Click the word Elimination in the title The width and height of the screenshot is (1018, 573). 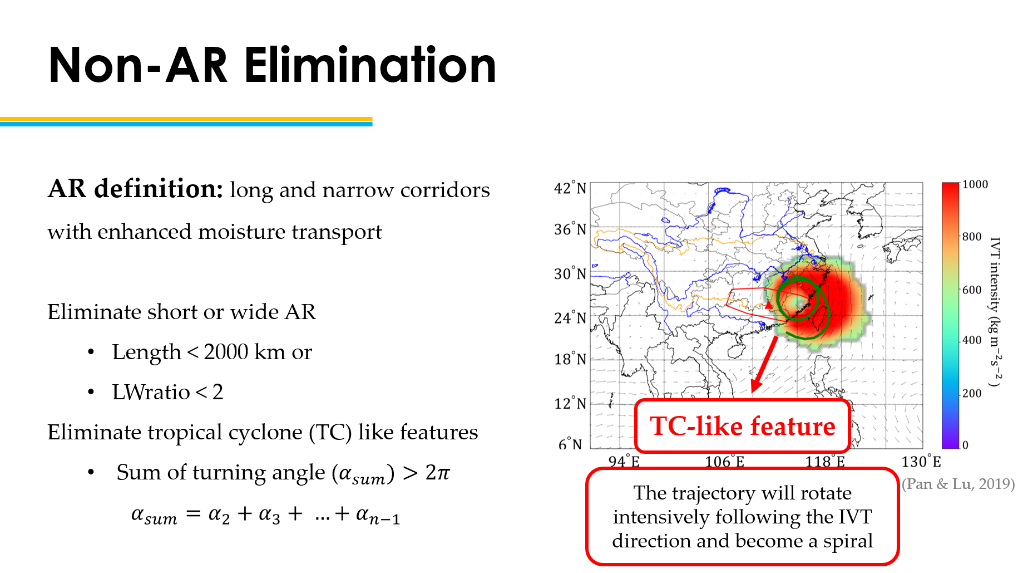tap(370, 65)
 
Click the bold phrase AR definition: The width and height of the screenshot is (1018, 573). tap(136, 189)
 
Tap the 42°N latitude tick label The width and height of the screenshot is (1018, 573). tap(570, 188)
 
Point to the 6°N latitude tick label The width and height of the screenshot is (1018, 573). tap(570, 444)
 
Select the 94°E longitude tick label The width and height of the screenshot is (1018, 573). tap(624, 461)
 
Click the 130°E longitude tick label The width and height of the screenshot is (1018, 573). tap(922, 461)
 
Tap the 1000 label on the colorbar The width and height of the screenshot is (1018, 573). tap(975, 184)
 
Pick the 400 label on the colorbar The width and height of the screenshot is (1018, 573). tap(972, 340)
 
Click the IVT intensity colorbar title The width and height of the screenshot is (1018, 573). tap(996, 312)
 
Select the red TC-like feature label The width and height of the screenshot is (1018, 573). tap(743, 426)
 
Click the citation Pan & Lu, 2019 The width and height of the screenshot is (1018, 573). tap(958, 483)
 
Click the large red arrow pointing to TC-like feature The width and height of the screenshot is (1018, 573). tap(764, 364)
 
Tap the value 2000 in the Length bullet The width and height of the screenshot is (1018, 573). tap(226, 352)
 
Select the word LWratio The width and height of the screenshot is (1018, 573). tap(151, 392)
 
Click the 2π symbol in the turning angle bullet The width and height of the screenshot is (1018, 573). tap(437, 473)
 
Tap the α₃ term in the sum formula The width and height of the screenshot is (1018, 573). tap(270, 514)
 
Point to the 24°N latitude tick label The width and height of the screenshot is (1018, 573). tap(570, 317)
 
